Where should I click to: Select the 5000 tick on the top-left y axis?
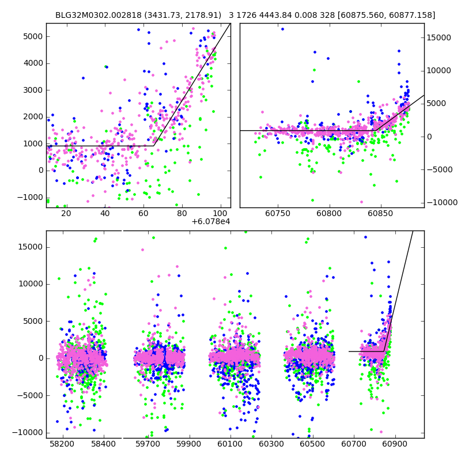tap(33, 36)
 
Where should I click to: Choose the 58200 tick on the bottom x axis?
tap(62, 444)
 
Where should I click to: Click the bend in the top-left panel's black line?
tap(153, 145)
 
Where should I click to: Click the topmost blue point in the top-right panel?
tap(282, 29)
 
